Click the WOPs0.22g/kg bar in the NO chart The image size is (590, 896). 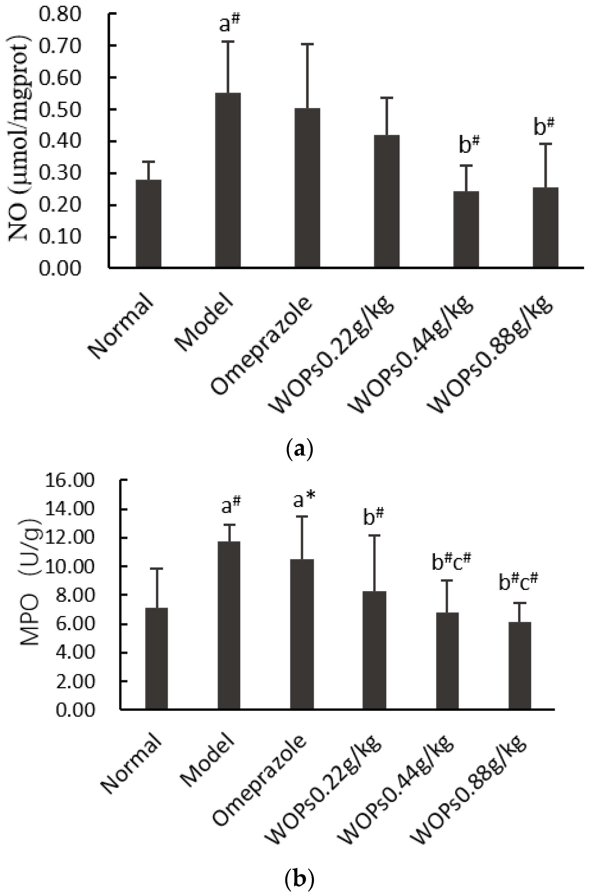(x=387, y=201)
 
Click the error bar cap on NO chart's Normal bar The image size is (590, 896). (x=148, y=162)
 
